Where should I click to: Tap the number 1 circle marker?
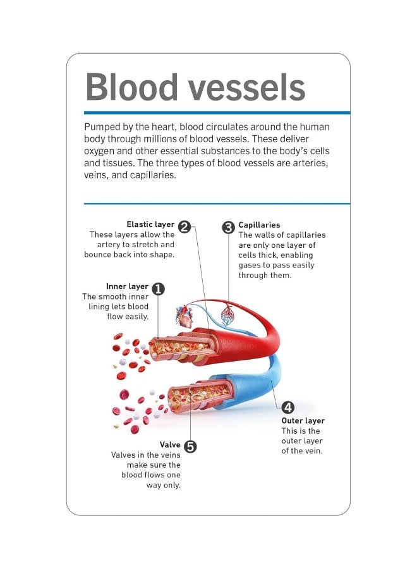coord(158,288)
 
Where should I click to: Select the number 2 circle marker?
coord(184,226)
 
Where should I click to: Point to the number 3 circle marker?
coord(229,227)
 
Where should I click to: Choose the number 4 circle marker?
coord(288,407)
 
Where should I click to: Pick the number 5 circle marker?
coord(190,446)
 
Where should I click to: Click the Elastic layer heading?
coord(150,224)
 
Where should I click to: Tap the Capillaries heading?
coord(259,225)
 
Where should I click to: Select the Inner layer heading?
coord(127,286)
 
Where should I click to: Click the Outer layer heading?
coord(303,421)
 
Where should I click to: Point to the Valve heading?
coord(170,445)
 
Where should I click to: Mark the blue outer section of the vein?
coord(253,386)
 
